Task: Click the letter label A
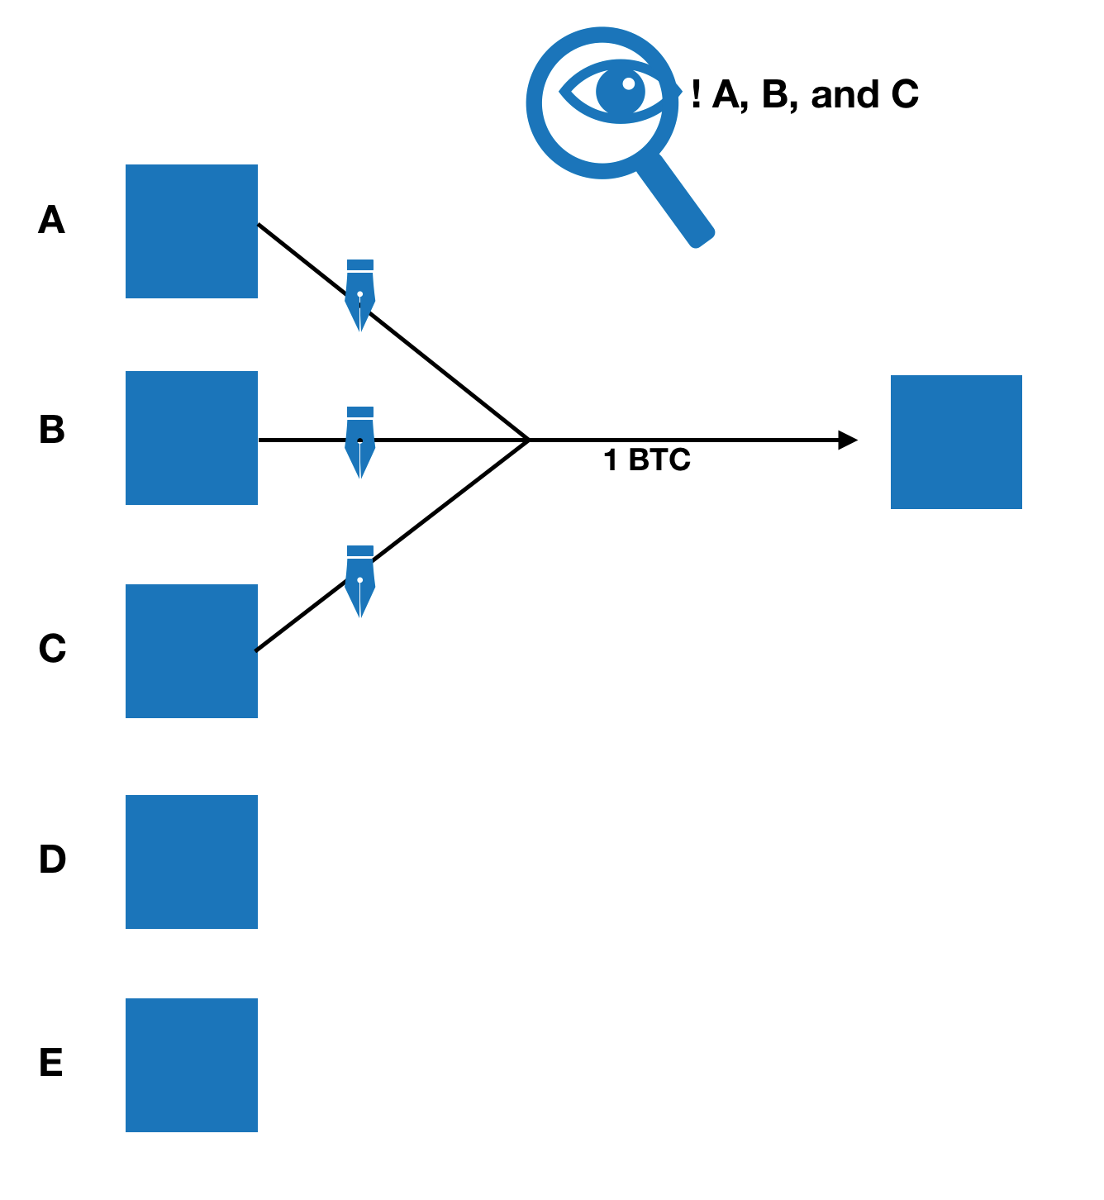pyautogui.click(x=51, y=221)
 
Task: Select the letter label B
pyautogui.click(x=52, y=431)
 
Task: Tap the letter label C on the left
pyautogui.click(x=52, y=649)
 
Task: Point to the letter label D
pyautogui.click(x=52, y=860)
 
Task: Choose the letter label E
pyautogui.click(x=51, y=1063)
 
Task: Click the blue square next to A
pyautogui.click(x=192, y=231)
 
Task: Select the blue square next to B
pyautogui.click(x=192, y=438)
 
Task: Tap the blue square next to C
pyautogui.click(x=192, y=651)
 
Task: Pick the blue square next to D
pyautogui.click(x=192, y=862)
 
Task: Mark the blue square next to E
pyautogui.click(x=192, y=1065)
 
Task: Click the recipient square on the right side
pyautogui.click(x=956, y=442)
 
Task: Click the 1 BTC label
pyautogui.click(x=647, y=460)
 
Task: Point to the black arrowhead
pyautogui.click(x=847, y=440)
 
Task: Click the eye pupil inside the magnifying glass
pyautogui.click(x=621, y=90)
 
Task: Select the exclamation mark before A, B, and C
pyautogui.click(x=697, y=95)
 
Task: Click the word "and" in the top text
pyautogui.click(x=845, y=95)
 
